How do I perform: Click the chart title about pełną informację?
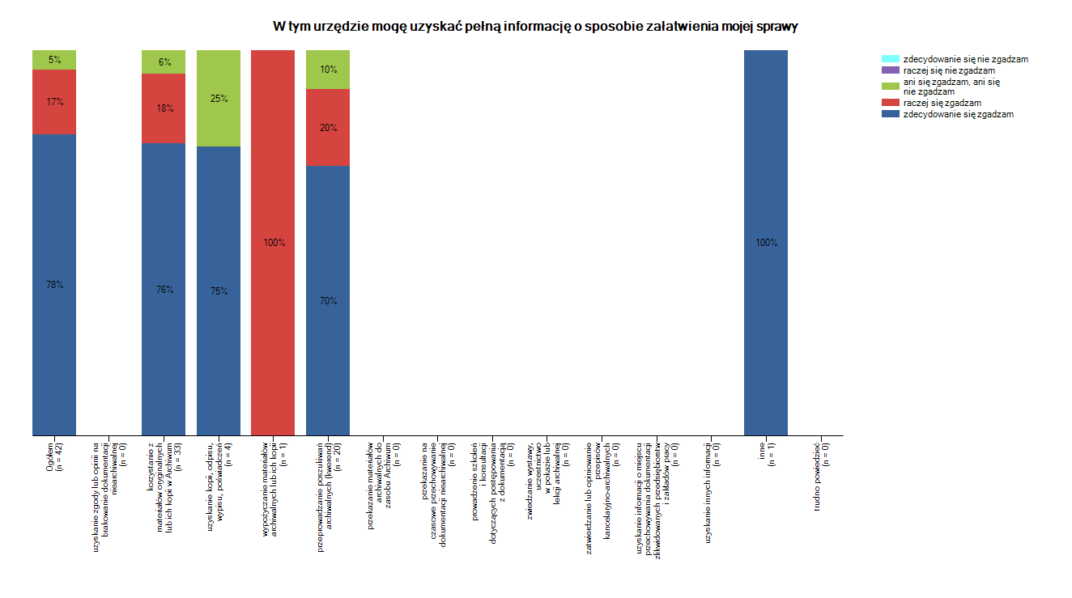coord(535,27)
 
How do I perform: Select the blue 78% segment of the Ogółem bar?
coord(54,285)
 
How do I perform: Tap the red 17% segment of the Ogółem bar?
coord(54,102)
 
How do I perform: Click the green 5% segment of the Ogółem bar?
coord(54,60)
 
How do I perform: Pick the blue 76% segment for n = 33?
coord(164,290)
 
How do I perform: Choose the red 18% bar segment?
coord(164,108)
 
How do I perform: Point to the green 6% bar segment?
coord(164,62)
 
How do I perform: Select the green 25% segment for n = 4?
coord(219,99)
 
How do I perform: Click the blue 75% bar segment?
coord(219,291)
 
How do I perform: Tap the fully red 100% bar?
coord(273,243)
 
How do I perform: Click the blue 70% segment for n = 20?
coord(328,301)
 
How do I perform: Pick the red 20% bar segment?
coord(328,128)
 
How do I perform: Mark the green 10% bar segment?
coord(328,70)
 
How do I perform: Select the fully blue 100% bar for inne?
coord(766,243)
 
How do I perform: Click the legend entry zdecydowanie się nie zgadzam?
coord(964,59)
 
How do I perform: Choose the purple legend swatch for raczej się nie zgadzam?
coord(890,70)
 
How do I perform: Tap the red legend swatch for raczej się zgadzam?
coord(890,103)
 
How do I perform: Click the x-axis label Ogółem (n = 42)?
coord(55,455)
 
